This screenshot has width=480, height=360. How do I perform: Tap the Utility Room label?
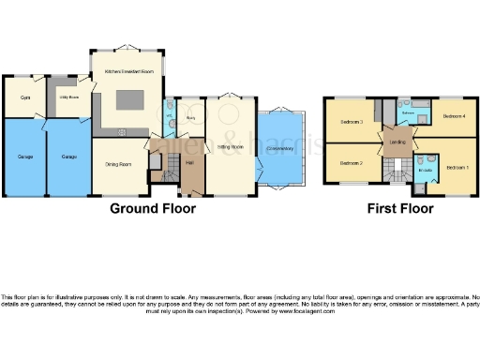tap(68, 97)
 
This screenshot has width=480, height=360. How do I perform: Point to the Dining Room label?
tap(118, 164)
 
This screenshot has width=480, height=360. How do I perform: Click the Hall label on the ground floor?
tap(189, 163)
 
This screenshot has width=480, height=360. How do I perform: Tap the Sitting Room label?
tap(230, 147)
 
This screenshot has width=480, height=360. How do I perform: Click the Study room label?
tap(190, 118)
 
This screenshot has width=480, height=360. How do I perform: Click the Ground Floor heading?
tap(153, 208)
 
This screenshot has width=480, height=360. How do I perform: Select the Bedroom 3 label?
tap(352, 122)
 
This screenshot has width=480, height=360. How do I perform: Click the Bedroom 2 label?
tap(351, 163)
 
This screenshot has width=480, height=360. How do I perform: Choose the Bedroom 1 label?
tap(456, 167)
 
